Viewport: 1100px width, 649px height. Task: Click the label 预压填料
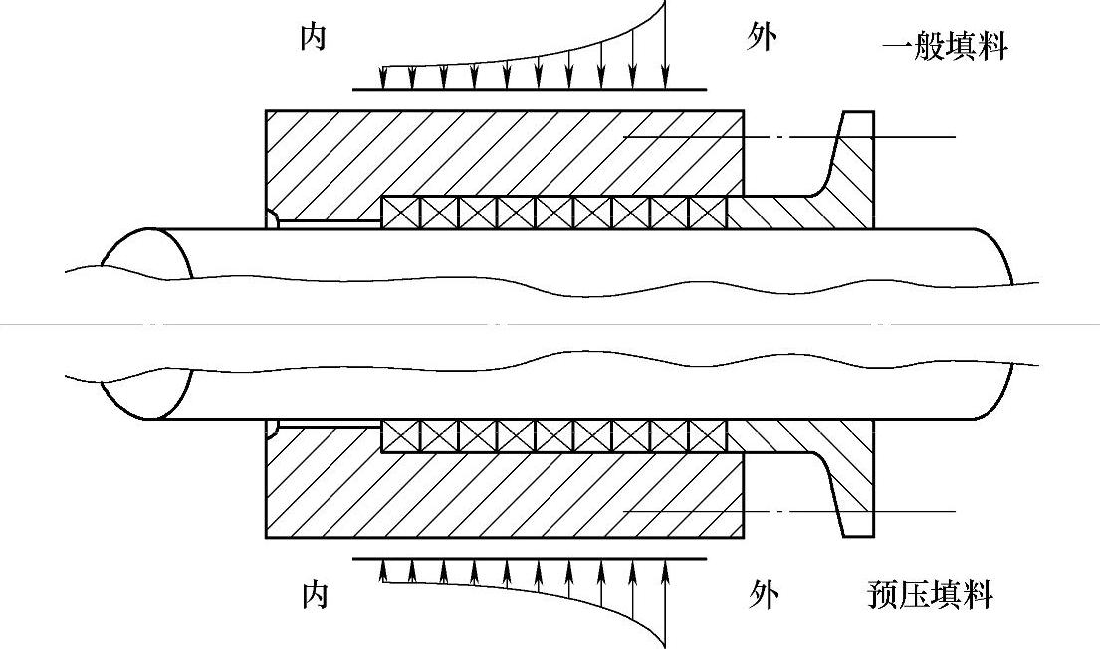(x=930, y=596)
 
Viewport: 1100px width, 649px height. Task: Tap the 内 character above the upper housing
(x=314, y=38)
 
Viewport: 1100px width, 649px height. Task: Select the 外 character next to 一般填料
(x=762, y=37)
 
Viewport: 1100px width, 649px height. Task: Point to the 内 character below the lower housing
(x=314, y=596)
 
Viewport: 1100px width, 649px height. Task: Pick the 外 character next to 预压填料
(x=763, y=596)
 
